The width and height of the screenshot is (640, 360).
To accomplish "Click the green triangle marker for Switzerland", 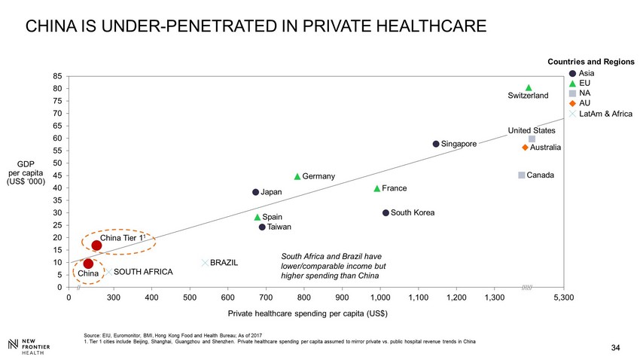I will coord(529,88).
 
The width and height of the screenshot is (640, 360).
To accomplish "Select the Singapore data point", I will coord(436,144).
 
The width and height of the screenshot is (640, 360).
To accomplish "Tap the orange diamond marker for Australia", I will coord(525,148).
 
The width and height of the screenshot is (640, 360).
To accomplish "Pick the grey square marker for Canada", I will coord(521,175).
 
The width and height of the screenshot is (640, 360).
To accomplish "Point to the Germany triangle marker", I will coord(297,176).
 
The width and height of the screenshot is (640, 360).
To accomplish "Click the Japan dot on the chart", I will coord(256,192).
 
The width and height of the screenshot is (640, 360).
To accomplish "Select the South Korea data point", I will coord(386,213).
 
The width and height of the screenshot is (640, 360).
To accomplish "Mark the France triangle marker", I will coord(376,188).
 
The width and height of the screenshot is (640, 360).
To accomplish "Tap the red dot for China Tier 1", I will coord(96,246).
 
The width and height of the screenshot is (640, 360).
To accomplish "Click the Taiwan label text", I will coord(280,227).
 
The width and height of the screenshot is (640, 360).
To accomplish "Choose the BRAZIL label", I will coord(224,263).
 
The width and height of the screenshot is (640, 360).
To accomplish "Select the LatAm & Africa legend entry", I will coord(606,114).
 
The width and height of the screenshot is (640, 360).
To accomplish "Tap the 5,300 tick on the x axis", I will coord(562,298).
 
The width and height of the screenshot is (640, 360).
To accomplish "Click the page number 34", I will coord(615,347).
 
